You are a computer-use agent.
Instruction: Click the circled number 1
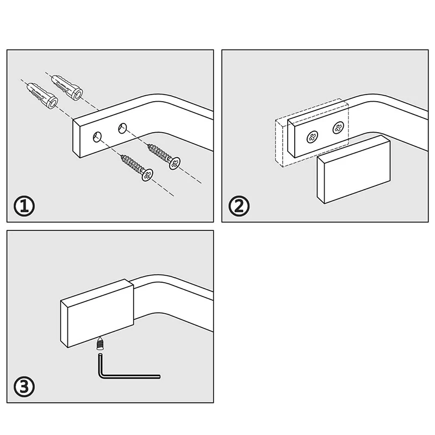(24, 207)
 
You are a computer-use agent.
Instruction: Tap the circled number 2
(239, 207)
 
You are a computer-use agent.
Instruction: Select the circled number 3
(24, 387)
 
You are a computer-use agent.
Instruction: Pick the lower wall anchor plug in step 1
(42, 96)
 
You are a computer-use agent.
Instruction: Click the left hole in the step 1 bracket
(97, 137)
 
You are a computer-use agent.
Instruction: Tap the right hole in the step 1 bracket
(122, 128)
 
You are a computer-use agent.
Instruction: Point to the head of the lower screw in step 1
(147, 175)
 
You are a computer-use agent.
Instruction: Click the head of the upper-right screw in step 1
(175, 163)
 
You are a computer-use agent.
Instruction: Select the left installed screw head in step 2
(312, 137)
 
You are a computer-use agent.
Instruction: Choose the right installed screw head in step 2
(338, 128)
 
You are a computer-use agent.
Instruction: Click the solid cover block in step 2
(354, 169)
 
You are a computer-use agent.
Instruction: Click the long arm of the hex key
(130, 376)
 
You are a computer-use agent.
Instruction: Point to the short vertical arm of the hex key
(100, 364)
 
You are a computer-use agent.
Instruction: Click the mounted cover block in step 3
(97, 313)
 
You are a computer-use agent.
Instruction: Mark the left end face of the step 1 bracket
(77, 139)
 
